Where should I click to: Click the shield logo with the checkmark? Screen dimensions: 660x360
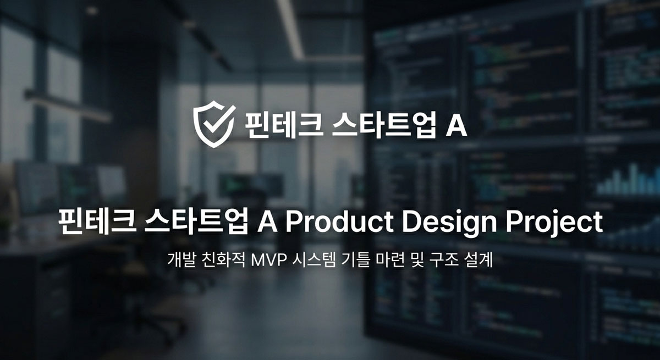point(214,124)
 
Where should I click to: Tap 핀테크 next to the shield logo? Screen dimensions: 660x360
point(283,125)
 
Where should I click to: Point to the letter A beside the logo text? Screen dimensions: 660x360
point(456,125)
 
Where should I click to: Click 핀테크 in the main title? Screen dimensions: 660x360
point(97,221)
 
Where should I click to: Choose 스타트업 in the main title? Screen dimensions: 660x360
point(196,221)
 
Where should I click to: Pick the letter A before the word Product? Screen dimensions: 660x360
point(267,221)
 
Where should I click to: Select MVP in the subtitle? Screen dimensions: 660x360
point(269,260)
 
